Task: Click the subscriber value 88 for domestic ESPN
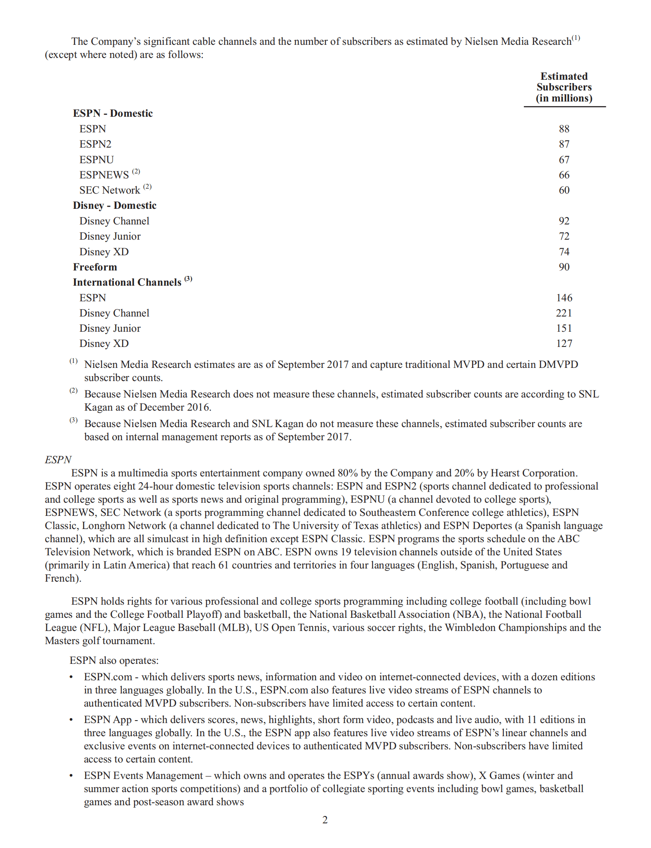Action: pos(564,129)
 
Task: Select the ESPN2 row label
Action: pos(95,144)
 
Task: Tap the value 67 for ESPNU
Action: pos(564,160)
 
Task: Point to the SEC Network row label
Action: pos(110,190)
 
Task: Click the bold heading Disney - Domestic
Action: pos(115,206)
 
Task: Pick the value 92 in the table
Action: pos(564,221)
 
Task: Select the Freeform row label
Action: pos(95,267)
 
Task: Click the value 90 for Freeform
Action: pos(564,267)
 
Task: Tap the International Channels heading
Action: pos(127,282)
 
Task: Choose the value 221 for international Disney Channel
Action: pos(564,313)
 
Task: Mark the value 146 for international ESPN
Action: pos(564,298)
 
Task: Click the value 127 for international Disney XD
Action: pos(564,344)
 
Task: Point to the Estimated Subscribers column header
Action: pos(564,87)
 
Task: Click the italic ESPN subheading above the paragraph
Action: pos(58,460)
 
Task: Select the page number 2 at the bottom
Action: pos(325,820)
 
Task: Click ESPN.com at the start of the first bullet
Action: pos(108,677)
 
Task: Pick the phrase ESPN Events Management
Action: pos(144,776)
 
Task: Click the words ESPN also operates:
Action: pos(114,661)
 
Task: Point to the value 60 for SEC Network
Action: pos(564,190)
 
